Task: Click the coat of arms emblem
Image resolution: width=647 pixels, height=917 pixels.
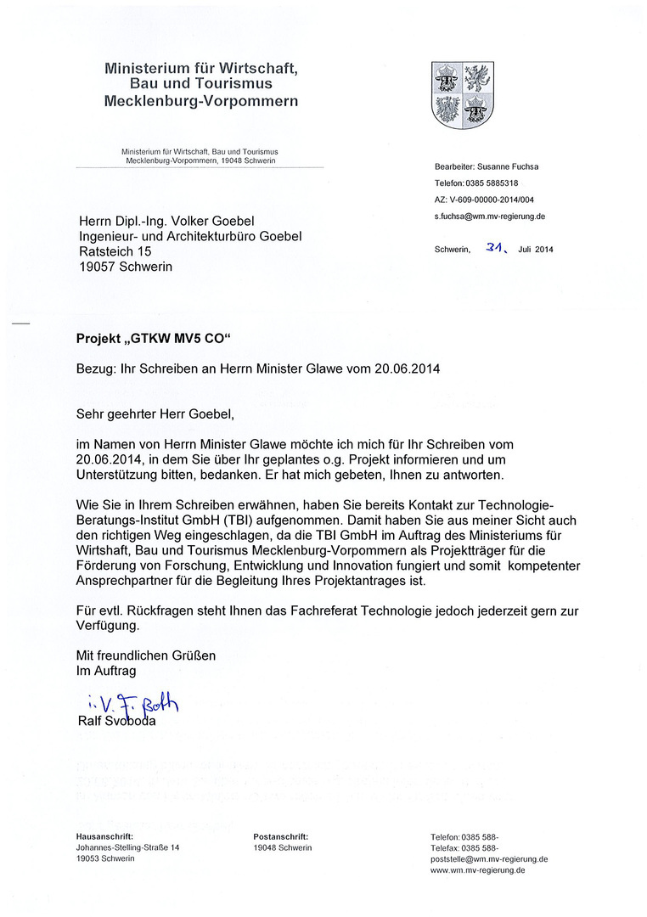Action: click(x=463, y=94)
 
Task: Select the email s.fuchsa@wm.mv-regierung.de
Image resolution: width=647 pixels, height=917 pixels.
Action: click(x=489, y=217)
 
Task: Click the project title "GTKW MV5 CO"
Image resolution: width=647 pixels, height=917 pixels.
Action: click(x=181, y=340)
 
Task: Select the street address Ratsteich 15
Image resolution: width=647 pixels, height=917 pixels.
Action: click(x=115, y=252)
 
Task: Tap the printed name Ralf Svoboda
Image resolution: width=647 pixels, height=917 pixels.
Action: click(x=115, y=722)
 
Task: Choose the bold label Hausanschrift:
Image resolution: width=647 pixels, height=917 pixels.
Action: click(x=104, y=836)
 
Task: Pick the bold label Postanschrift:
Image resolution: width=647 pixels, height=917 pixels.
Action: click(x=280, y=836)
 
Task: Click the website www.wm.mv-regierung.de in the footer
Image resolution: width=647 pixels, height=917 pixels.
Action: click(x=477, y=870)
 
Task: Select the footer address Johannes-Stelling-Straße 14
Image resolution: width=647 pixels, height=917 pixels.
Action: click(x=127, y=847)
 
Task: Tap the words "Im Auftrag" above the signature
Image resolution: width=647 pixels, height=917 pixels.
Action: click(x=106, y=671)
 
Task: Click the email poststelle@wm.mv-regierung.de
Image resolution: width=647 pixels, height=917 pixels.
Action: click(x=489, y=859)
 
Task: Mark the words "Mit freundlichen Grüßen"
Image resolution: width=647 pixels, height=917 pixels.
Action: click(x=146, y=655)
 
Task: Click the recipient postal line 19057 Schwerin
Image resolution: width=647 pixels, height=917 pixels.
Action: click(x=125, y=267)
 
